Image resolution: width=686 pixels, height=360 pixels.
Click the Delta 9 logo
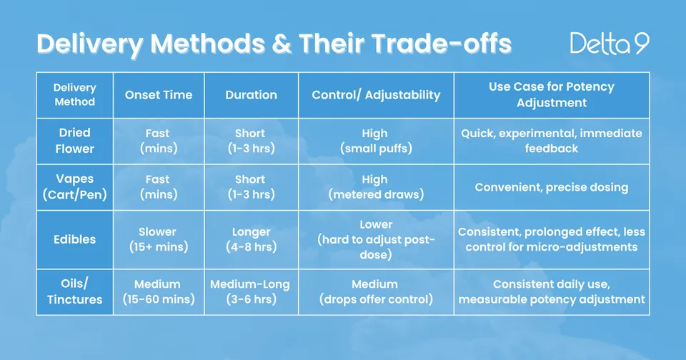(x=610, y=44)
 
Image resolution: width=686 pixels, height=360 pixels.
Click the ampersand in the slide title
(x=282, y=44)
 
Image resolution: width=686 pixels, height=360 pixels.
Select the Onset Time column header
(x=159, y=95)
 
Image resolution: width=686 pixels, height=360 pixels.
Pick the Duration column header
(x=251, y=95)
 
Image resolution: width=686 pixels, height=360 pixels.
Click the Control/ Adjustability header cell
(x=377, y=95)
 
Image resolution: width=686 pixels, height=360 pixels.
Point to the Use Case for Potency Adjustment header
(x=552, y=94)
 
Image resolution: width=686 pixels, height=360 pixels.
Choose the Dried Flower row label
(x=75, y=141)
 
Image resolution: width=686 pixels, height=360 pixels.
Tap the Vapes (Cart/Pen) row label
(x=75, y=186)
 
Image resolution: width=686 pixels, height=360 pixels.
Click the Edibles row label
(x=75, y=239)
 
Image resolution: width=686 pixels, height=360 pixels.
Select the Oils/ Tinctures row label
(x=75, y=291)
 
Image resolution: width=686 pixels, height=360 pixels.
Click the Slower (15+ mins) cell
(x=159, y=239)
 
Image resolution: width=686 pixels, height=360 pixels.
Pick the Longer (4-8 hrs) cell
(x=251, y=239)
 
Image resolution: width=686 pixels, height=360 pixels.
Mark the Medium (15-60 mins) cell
(x=159, y=291)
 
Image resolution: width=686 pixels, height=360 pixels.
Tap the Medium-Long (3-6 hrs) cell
(x=251, y=291)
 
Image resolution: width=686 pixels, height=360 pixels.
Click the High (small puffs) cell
(x=377, y=141)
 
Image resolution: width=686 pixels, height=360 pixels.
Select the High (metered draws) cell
(x=377, y=186)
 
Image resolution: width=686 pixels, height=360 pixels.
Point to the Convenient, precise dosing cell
(x=552, y=187)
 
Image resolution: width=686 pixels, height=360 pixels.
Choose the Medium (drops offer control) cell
(x=377, y=291)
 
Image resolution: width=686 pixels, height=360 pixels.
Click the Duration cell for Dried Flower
(x=251, y=141)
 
